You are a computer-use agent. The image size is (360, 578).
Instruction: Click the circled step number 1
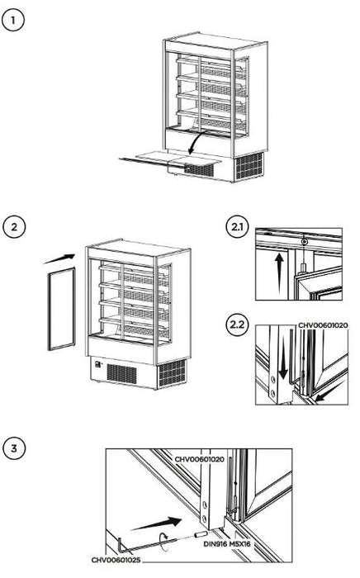[14, 20]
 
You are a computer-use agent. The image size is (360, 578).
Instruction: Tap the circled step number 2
[14, 225]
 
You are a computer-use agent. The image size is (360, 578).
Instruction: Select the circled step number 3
[14, 449]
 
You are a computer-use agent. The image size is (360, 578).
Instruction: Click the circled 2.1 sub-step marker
[236, 225]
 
